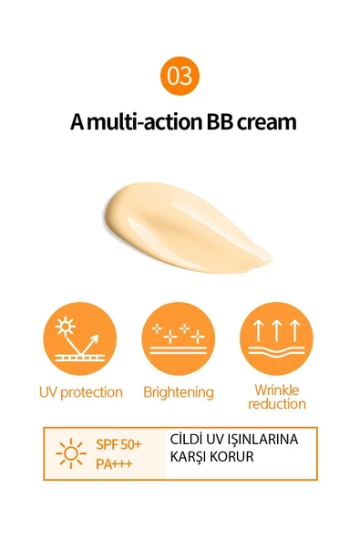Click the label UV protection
coord(80,392)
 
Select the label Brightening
coord(179,392)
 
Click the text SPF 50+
coord(118,444)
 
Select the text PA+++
coord(114,463)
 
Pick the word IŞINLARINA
coord(264,440)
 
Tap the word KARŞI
coord(188,457)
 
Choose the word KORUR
coord(231,457)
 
